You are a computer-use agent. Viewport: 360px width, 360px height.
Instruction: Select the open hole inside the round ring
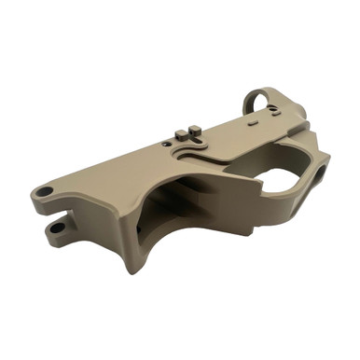coord(264,103)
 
